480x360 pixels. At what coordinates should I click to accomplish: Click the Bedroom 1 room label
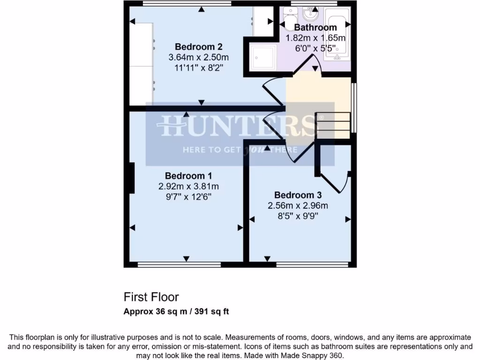coord(188,176)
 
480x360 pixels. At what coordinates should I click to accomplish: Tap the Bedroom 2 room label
coord(198,47)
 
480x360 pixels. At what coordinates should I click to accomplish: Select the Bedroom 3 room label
coord(298,195)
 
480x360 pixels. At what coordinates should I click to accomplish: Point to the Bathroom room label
coord(315,28)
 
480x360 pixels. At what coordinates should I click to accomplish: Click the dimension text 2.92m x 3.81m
coord(188,186)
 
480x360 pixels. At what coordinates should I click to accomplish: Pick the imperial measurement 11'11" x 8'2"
coord(198,67)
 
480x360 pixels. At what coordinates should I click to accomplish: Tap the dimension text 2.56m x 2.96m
coord(298,205)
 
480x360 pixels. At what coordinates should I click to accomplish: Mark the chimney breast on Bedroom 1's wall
coord(132,178)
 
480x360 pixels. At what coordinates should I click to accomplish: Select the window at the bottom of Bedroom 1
coord(179,265)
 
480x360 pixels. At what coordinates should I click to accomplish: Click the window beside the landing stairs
coord(354,108)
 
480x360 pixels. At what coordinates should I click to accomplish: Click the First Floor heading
coord(151,297)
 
